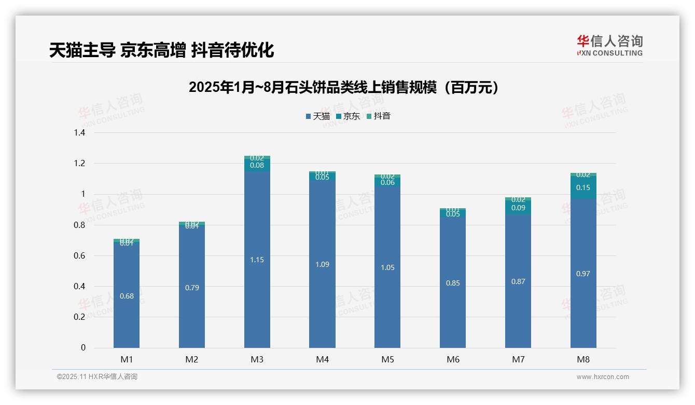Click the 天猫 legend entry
click(x=318, y=116)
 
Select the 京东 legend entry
click(x=348, y=116)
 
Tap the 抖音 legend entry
click(x=379, y=116)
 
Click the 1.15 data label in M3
click(x=257, y=260)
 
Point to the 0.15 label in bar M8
click(x=583, y=188)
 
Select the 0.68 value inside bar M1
click(x=127, y=296)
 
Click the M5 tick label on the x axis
click(x=387, y=359)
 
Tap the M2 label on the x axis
click(x=192, y=359)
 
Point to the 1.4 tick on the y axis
click(x=79, y=133)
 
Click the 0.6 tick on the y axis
click(x=79, y=255)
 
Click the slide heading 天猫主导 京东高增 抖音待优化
click(x=161, y=50)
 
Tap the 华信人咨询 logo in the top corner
click(x=609, y=45)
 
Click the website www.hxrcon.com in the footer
click(x=603, y=377)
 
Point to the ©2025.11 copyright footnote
click(x=97, y=377)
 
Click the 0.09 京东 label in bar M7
click(x=518, y=208)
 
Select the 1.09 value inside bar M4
click(x=322, y=264)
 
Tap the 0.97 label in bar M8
click(x=583, y=274)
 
